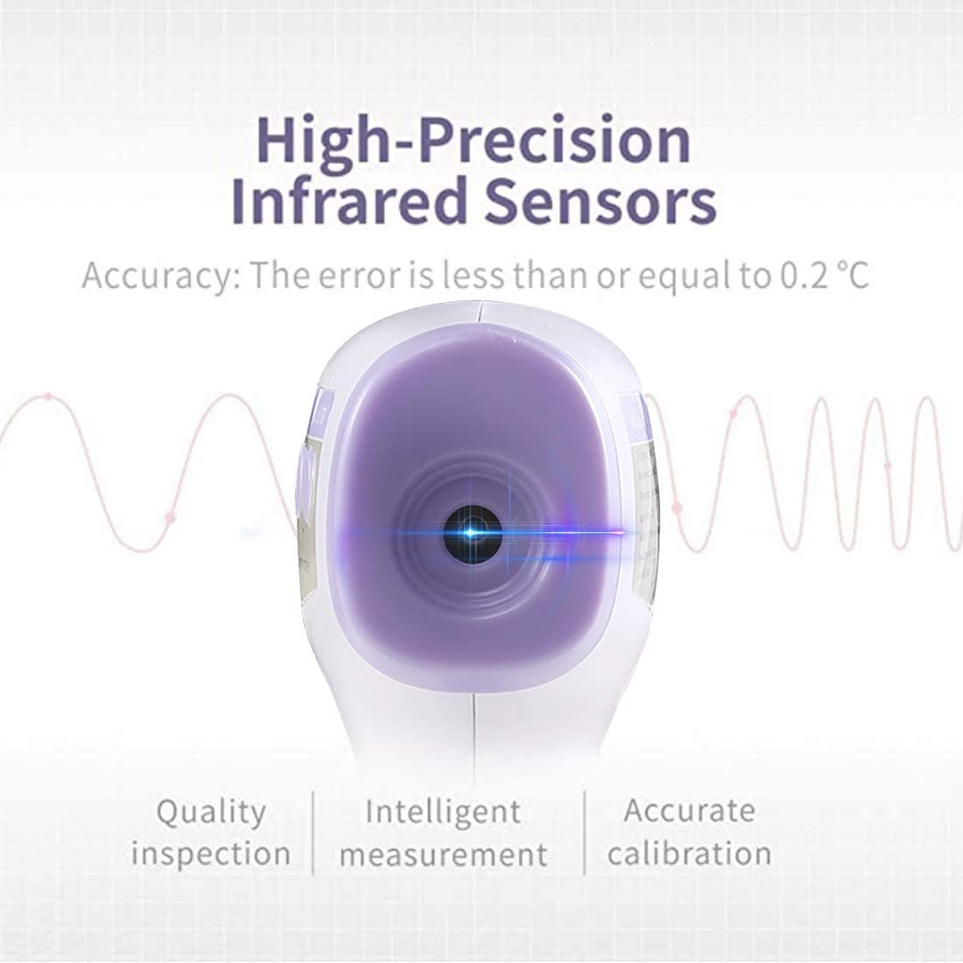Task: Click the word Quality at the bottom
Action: click(211, 812)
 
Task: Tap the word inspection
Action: click(211, 854)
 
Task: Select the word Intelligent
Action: click(444, 812)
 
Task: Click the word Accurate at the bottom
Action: click(690, 811)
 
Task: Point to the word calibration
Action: click(690, 853)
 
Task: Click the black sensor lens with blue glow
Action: click(472, 534)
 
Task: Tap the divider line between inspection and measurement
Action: click(313, 833)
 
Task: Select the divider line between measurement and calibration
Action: click(584, 833)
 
